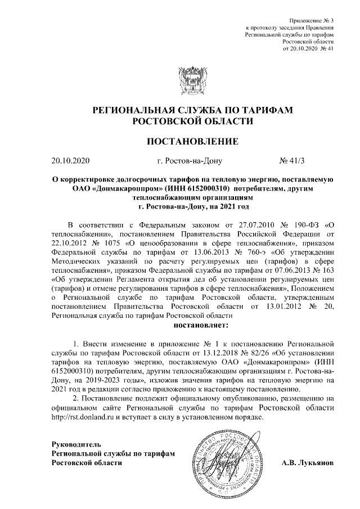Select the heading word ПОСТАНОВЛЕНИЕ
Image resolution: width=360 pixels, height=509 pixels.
[x=180, y=141]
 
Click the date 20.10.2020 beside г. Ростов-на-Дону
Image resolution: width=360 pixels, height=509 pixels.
[x=70, y=160]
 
